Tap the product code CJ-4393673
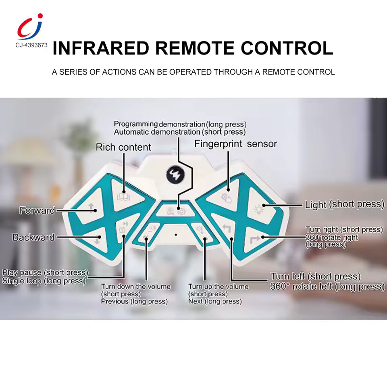point(31,45)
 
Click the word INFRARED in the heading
point(101,48)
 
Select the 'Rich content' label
point(123,148)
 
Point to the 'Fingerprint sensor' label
point(236,144)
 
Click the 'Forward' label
point(37,210)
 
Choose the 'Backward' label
point(33,237)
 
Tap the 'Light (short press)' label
point(344,204)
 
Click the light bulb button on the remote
point(257,209)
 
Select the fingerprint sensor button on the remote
point(227,196)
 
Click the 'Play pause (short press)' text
point(45,273)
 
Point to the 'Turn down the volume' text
point(135,287)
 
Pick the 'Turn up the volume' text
point(218,287)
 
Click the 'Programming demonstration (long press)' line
point(180,124)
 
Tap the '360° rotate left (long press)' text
point(327,287)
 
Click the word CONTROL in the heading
point(287,48)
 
